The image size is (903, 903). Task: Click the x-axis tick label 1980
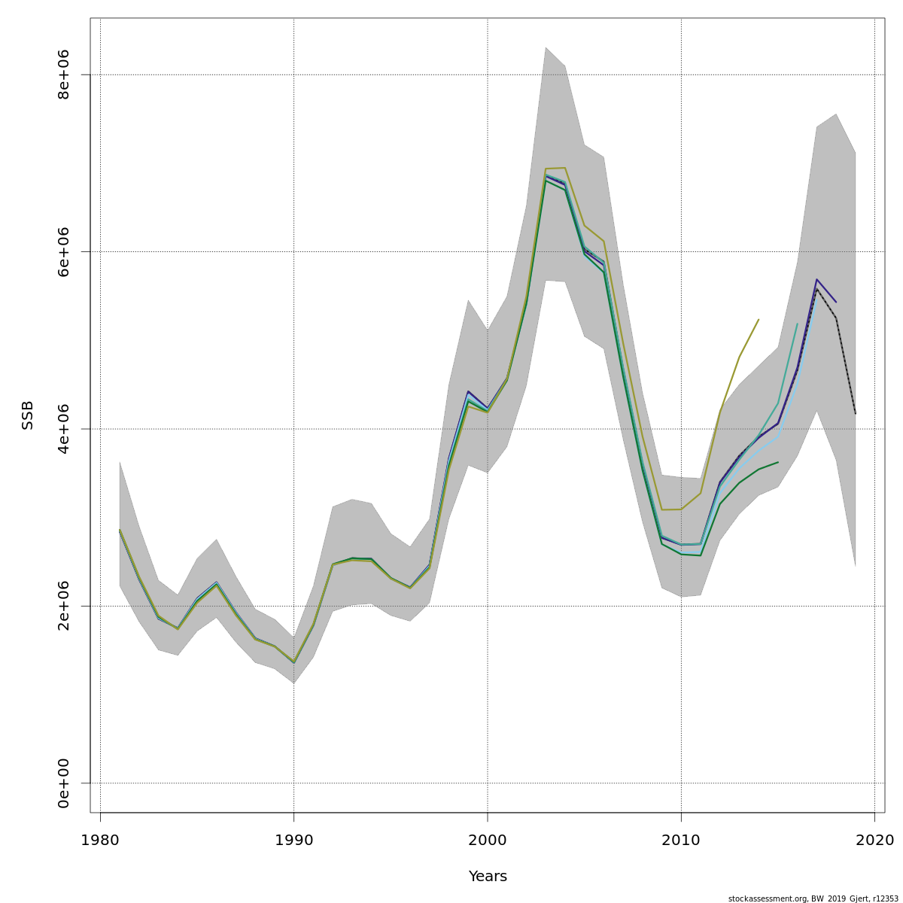click(x=100, y=839)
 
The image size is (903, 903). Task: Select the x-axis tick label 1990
click(x=293, y=839)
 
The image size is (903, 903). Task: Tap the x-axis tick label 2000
click(x=488, y=839)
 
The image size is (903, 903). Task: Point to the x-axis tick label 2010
click(x=681, y=839)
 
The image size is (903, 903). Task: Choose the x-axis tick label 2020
click(x=874, y=839)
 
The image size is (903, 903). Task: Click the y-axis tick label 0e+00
click(x=63, y=783)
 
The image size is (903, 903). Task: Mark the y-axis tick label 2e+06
click(x=63, y=606)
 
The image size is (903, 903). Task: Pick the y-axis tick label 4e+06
click(x=63, y=429)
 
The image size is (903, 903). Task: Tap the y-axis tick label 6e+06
click(x=63, y=251)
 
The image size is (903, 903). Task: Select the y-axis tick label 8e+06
click(x=63, y=74)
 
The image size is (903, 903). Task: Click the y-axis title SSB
click(x=28, y=415)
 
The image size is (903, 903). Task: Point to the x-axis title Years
click(x=488, y=877)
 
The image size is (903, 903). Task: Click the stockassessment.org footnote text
click(x=813, y=898)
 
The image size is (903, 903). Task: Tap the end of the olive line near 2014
click(x=759, y=320)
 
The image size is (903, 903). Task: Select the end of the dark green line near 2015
click(x=778, y=462)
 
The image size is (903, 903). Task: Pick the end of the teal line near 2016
click(x=797, y=324)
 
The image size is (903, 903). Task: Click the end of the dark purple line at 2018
click(x=836, y=302)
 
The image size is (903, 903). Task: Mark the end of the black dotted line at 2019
click(x=856, y=413)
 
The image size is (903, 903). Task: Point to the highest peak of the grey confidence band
click(x=546, y=47)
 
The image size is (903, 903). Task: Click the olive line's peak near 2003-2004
click(x=564, y=168)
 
